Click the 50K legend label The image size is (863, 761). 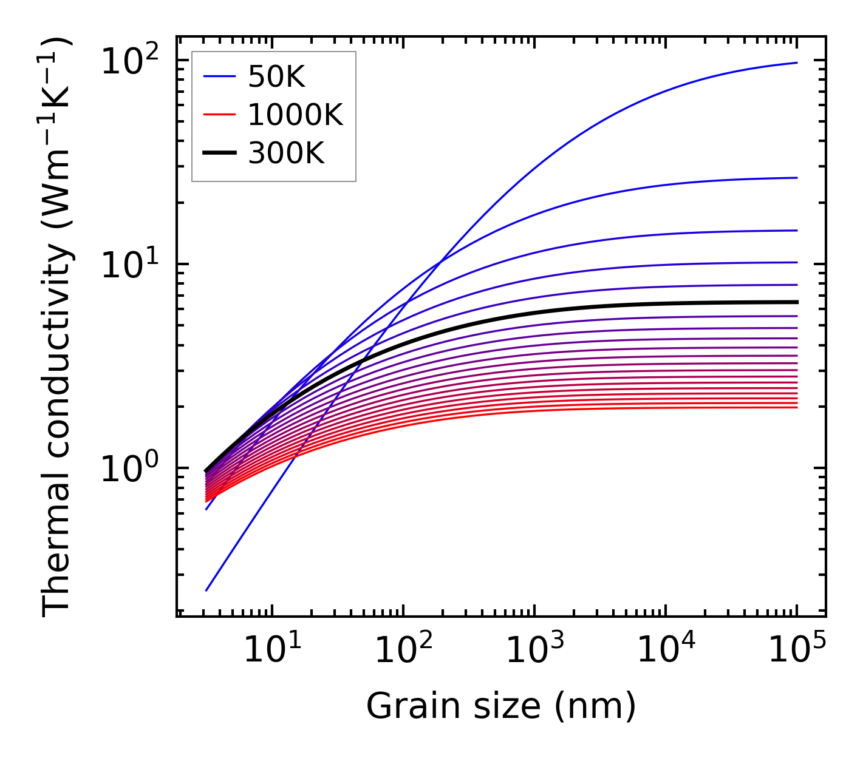pos(276,77)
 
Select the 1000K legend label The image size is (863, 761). pos(295,115)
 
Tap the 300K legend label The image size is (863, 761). pos(286,154)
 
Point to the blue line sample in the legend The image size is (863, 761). pos(219,77)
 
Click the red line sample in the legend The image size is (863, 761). pos(219,115)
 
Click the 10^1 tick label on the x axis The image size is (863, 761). pos(271,651)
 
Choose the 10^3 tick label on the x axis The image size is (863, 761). pos(534,651)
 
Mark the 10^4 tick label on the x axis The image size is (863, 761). pos(666,651)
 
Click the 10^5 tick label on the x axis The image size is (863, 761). pos(797,651)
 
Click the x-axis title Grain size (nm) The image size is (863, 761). pos(501,706)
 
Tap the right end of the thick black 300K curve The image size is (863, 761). pos(797,302)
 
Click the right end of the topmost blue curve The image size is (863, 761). pos(797,63)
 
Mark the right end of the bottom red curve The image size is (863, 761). pos(797,407)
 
